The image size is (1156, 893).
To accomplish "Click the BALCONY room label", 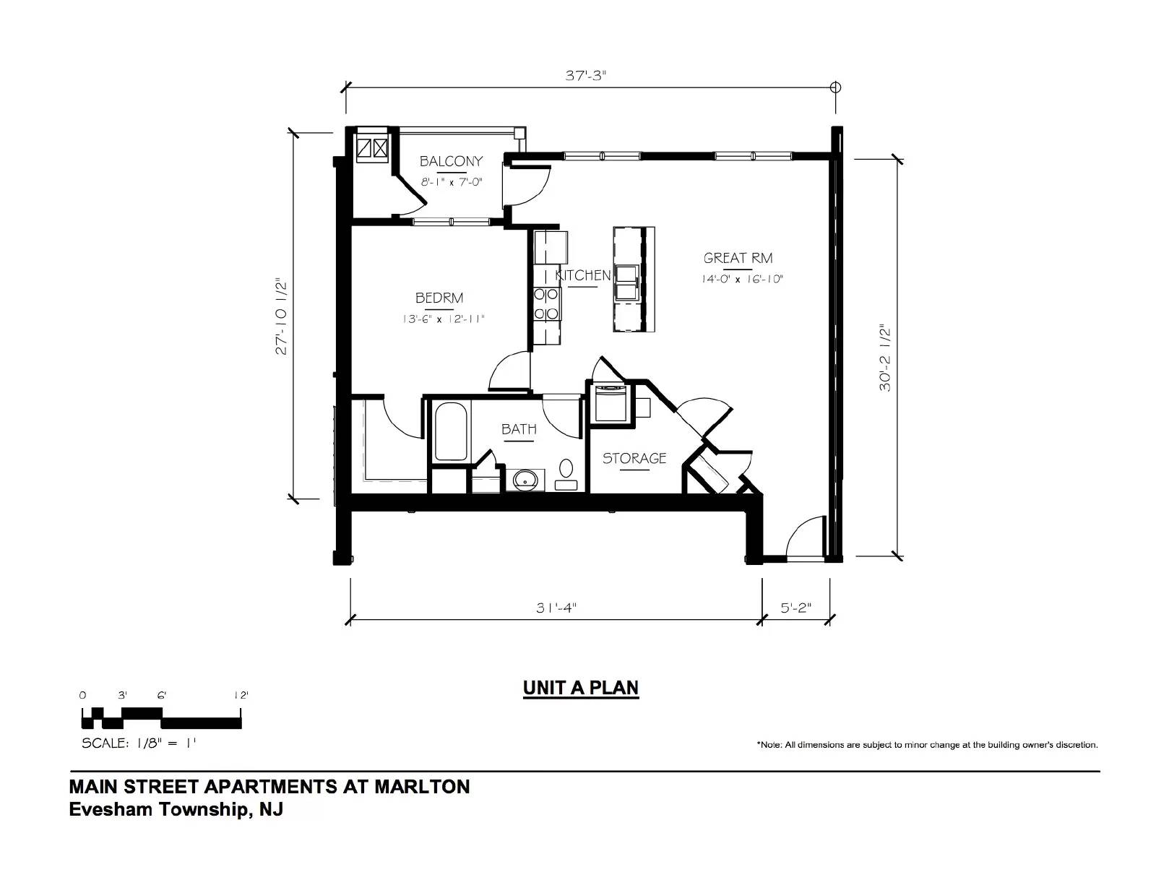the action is point(451,160).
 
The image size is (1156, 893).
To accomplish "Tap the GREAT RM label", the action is point(738,258).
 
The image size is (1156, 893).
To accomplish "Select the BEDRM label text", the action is point(439,298).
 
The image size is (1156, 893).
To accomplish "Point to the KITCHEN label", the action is point(582,275).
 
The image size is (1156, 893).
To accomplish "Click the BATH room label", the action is point(519,428).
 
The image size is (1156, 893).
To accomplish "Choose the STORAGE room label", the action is point(634,458).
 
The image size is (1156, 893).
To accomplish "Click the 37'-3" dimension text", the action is point(586,76).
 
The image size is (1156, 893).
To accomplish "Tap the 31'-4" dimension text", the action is point(556,608).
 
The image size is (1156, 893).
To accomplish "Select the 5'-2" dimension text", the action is point(796,608).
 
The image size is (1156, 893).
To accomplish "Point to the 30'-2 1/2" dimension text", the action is point(884,358).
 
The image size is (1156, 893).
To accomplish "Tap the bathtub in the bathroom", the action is point(451,431).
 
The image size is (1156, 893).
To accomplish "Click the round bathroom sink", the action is point(525,480).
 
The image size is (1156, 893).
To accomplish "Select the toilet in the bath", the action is point(566,475).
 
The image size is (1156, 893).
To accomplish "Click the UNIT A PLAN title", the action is point(581,688).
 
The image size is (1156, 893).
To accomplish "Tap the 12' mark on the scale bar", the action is point(241,695).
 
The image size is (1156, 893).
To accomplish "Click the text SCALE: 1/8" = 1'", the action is point(139,743).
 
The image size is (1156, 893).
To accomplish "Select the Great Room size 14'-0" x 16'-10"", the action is point(742,279).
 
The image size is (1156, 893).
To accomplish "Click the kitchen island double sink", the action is point(626,283).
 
